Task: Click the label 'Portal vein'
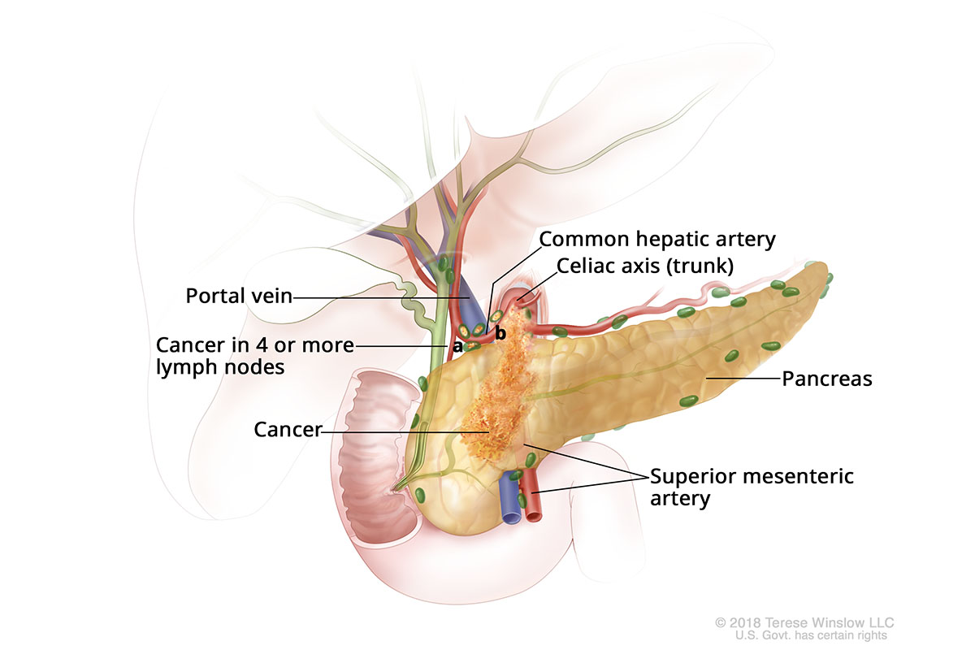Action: click(238, 296)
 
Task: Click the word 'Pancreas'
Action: click(826, 379)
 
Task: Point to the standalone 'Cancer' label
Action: click(288, 430)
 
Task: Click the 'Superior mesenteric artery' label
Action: click(752, 487)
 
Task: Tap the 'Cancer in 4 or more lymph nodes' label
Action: click(255, 356)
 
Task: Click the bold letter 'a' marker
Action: click(457, 346)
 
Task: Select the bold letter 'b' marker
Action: click(500, 333)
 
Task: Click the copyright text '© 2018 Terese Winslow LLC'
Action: click(801, 622)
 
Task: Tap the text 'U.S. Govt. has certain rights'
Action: click(810, 635)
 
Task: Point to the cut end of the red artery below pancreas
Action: click(534, 514)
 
